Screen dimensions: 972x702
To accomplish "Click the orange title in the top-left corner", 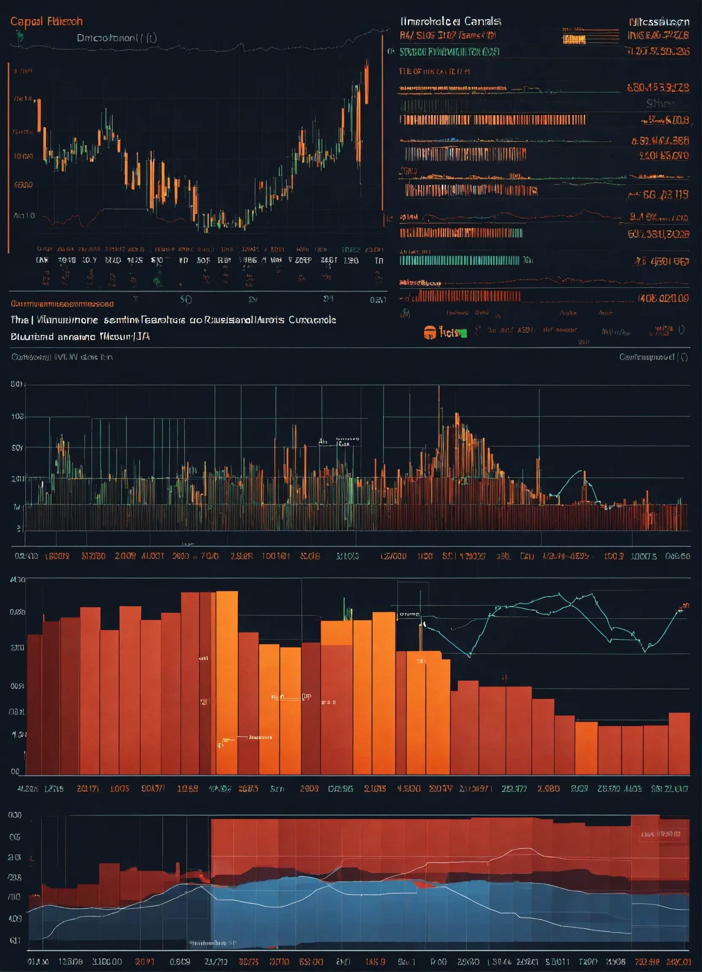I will (x=46, y=22).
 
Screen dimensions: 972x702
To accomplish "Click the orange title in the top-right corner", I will (x=659, y=22).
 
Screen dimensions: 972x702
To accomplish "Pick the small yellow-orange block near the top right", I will (x=574, y=40).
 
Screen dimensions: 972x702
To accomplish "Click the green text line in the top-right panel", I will (x=449, y=52).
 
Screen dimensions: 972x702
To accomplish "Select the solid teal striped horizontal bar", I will (x=459, y=260).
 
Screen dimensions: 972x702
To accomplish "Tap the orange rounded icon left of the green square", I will (x=429, y=332).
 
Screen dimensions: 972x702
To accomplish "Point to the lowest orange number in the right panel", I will (x=663, y=298).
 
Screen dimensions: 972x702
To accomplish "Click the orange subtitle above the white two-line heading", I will (x=62, y=304).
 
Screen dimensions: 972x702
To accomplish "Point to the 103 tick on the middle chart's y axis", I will (x=17, y=416).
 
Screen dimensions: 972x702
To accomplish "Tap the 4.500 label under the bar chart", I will (x=409, y=788).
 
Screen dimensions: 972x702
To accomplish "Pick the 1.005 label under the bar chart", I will (x=119, y=788).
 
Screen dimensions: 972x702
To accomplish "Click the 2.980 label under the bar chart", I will (x=548, y=788).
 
